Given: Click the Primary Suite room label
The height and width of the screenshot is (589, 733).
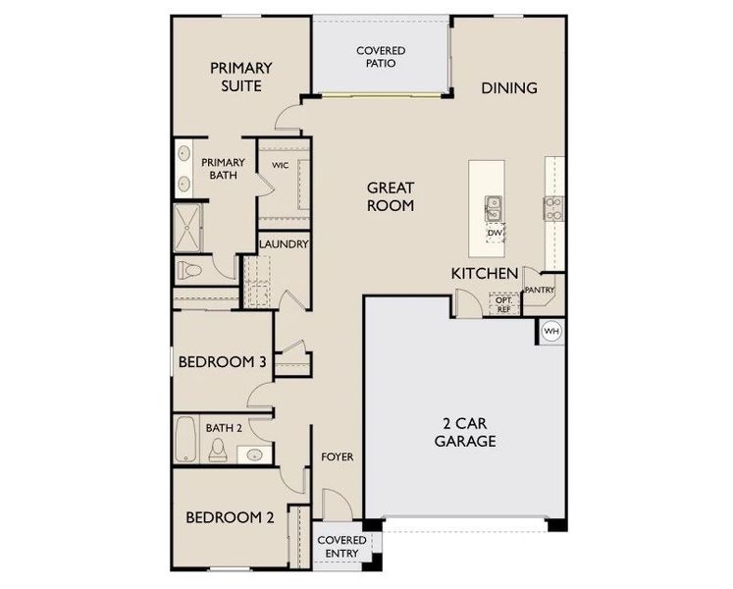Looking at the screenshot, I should (241, 78).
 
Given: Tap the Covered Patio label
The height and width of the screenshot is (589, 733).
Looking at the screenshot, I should (381, 56).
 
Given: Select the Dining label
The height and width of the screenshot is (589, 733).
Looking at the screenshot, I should (509, 88).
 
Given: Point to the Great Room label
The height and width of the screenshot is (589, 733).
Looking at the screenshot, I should (391, 196).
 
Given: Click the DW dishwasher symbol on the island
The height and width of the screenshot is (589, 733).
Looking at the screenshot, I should (495, 233).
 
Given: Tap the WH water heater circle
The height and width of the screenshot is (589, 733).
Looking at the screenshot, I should (551, 331).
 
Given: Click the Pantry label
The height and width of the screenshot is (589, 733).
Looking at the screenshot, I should (540, 291).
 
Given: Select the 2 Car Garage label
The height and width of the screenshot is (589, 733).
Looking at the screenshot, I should (465, 433).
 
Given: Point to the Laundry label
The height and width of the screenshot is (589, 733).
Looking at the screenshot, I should (284, 244).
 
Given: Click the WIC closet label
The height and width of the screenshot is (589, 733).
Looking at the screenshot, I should (280, 167).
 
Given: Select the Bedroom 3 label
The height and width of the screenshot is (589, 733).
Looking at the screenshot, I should (222, 362).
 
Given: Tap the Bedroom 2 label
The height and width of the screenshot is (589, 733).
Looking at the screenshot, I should (229, 517).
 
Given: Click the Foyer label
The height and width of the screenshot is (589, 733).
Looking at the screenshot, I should (338, 457).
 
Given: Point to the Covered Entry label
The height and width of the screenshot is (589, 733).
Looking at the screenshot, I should (341, 547).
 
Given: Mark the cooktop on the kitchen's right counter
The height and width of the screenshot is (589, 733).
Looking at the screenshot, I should (553, 206).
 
